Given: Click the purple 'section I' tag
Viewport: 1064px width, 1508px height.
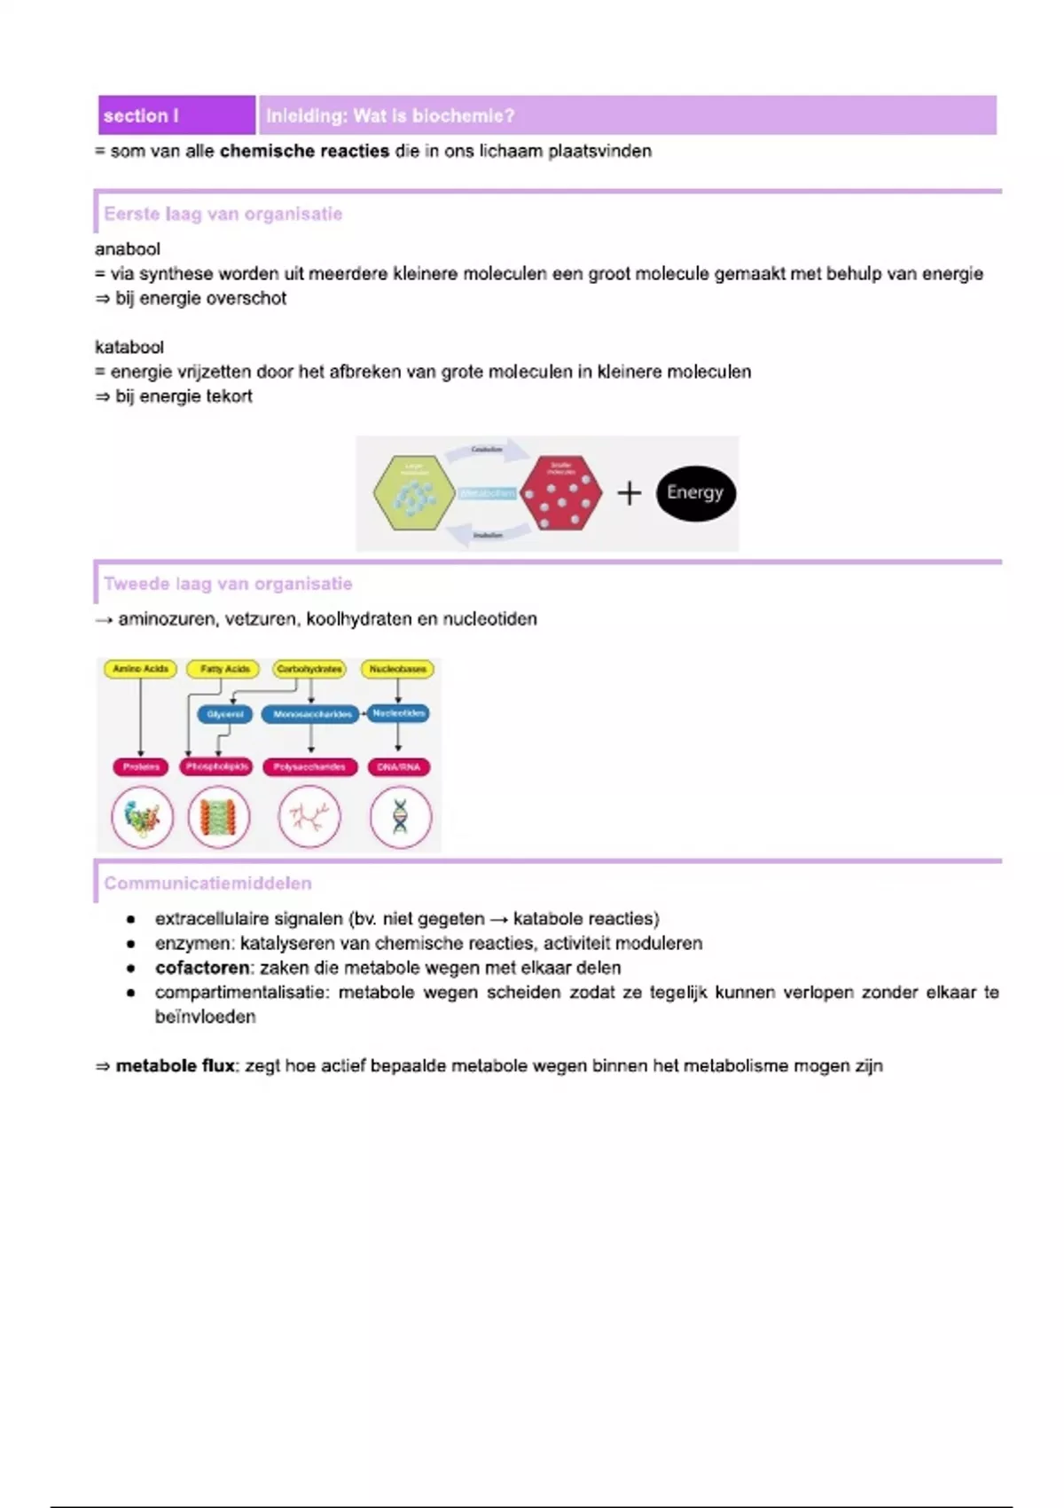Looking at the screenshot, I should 176,115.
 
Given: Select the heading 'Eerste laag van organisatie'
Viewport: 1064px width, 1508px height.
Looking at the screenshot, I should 223,214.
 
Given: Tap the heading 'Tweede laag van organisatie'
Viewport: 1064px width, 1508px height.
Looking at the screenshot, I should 228,584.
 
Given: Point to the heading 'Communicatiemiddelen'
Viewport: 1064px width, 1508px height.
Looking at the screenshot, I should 207,883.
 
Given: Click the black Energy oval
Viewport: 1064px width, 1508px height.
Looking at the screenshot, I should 696,493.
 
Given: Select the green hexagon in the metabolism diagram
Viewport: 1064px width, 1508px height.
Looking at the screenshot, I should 414,493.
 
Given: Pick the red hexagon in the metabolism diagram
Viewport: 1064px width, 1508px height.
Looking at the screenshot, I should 560,493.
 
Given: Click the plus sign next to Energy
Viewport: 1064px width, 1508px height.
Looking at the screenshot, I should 629,493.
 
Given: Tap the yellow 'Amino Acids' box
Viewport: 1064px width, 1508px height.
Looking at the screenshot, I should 140,669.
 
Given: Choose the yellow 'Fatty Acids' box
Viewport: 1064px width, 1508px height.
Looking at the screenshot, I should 224,669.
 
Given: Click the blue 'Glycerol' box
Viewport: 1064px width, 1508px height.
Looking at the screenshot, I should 225,714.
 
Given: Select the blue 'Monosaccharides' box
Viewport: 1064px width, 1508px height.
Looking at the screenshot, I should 312,714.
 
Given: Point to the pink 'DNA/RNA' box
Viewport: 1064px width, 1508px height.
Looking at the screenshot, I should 398,766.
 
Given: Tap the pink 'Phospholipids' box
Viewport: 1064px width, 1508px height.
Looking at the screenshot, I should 217,766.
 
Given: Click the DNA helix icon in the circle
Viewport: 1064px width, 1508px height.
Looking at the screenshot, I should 400,817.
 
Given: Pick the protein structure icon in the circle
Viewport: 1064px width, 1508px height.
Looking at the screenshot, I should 142,817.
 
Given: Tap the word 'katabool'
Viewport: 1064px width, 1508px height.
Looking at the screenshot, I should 129,347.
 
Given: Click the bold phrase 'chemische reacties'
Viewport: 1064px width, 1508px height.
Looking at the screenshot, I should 304,151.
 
